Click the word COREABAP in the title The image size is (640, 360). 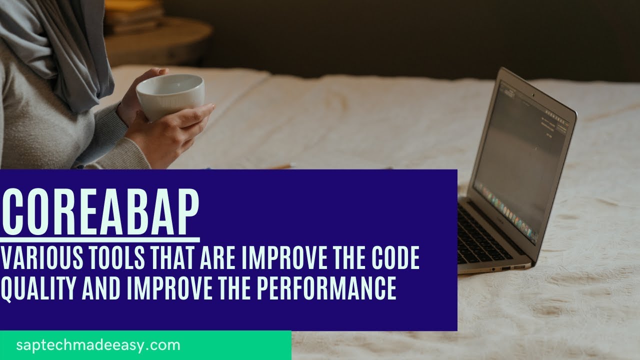(x=100, y=210)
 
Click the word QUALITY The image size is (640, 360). (x=37, y=288)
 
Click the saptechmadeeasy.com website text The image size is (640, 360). (x=98, y=345)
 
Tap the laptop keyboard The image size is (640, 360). (x=482, y=235)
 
